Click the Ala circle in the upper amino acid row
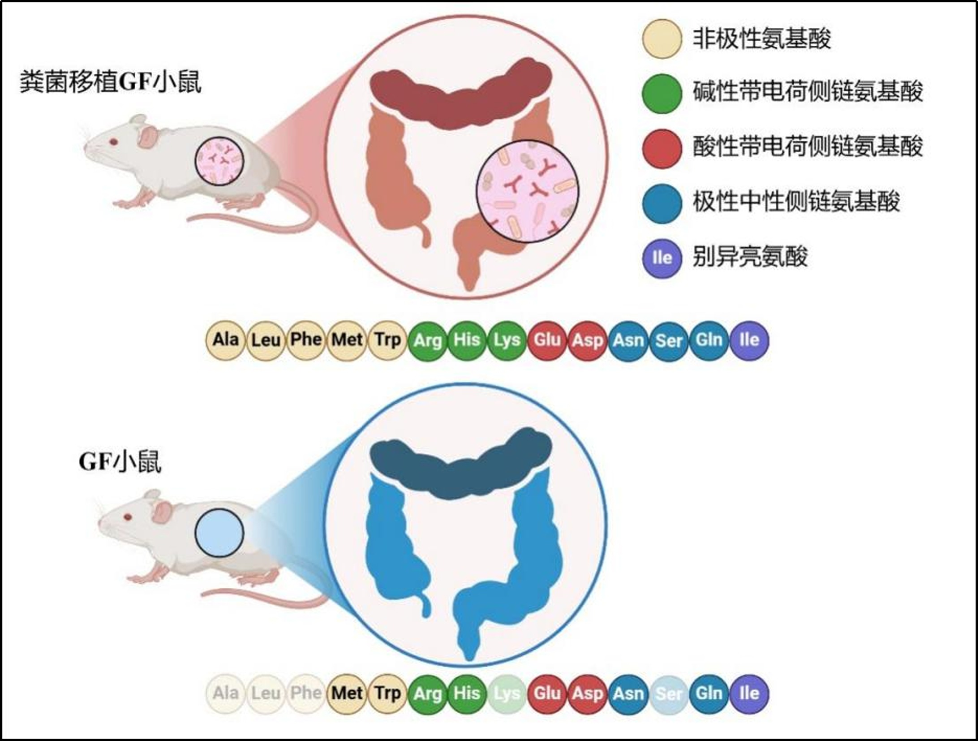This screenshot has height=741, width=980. click(226, 340)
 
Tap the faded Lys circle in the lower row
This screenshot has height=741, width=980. click(507, 694)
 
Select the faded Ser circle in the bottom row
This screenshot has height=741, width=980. click(669, 694)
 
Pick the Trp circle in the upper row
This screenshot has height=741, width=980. click(387, 340)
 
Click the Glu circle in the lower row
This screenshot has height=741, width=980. click(547, 694)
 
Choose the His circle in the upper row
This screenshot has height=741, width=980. click(467, 340)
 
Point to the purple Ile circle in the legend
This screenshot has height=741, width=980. click(662, 258)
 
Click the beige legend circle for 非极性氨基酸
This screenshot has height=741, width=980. click(662, 39)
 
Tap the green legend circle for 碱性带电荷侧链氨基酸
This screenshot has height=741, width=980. click(662, 94)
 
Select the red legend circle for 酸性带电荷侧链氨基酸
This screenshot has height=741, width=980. click(662, 148)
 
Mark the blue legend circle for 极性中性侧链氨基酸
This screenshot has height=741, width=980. click(662, 203)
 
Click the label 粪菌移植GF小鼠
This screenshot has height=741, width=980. click(110, 82)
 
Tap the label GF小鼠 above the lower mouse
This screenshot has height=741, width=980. click(120, 461)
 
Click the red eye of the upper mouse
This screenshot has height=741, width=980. click(113, 142)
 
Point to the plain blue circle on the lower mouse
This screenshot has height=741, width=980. click(219, 533)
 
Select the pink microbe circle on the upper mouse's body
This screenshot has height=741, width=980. click(219, 161)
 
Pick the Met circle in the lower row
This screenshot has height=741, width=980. click(347, 694)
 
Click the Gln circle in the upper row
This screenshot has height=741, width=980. click(709, 340)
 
